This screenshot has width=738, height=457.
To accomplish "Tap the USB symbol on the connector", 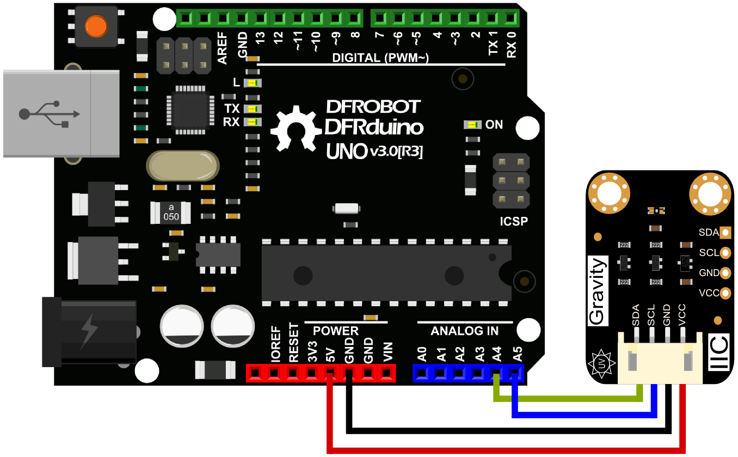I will pos(49,113).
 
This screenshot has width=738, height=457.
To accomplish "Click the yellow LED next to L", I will pos(253,83).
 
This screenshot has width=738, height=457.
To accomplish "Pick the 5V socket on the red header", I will pos(330,373).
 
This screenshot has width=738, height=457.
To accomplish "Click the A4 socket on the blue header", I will pos(496,373).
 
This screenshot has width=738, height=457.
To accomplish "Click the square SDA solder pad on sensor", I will pos(725,233).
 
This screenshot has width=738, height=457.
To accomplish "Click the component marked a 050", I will pos(171,212).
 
